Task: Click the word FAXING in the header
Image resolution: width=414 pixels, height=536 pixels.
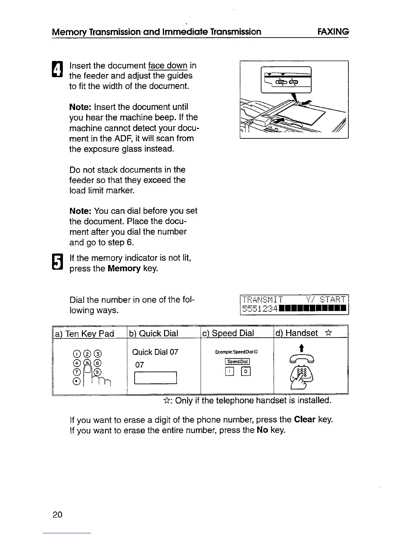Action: (x=333, y=32)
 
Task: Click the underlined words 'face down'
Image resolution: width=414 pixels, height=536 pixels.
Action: (x=167, y=65)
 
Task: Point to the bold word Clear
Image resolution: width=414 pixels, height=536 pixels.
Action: (x=305, y=420)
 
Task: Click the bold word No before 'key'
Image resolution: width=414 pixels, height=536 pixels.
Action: (x=262, y=430)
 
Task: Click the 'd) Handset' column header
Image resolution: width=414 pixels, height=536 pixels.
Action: (x=297, y=333)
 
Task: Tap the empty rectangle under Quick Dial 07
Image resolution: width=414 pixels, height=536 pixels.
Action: (x=156, y=378)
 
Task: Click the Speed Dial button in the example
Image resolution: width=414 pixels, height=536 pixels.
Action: (x=237, y=361)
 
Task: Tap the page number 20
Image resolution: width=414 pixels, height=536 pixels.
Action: (x=57, y=515)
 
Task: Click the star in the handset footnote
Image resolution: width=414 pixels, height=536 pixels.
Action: (x=166, y=401)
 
